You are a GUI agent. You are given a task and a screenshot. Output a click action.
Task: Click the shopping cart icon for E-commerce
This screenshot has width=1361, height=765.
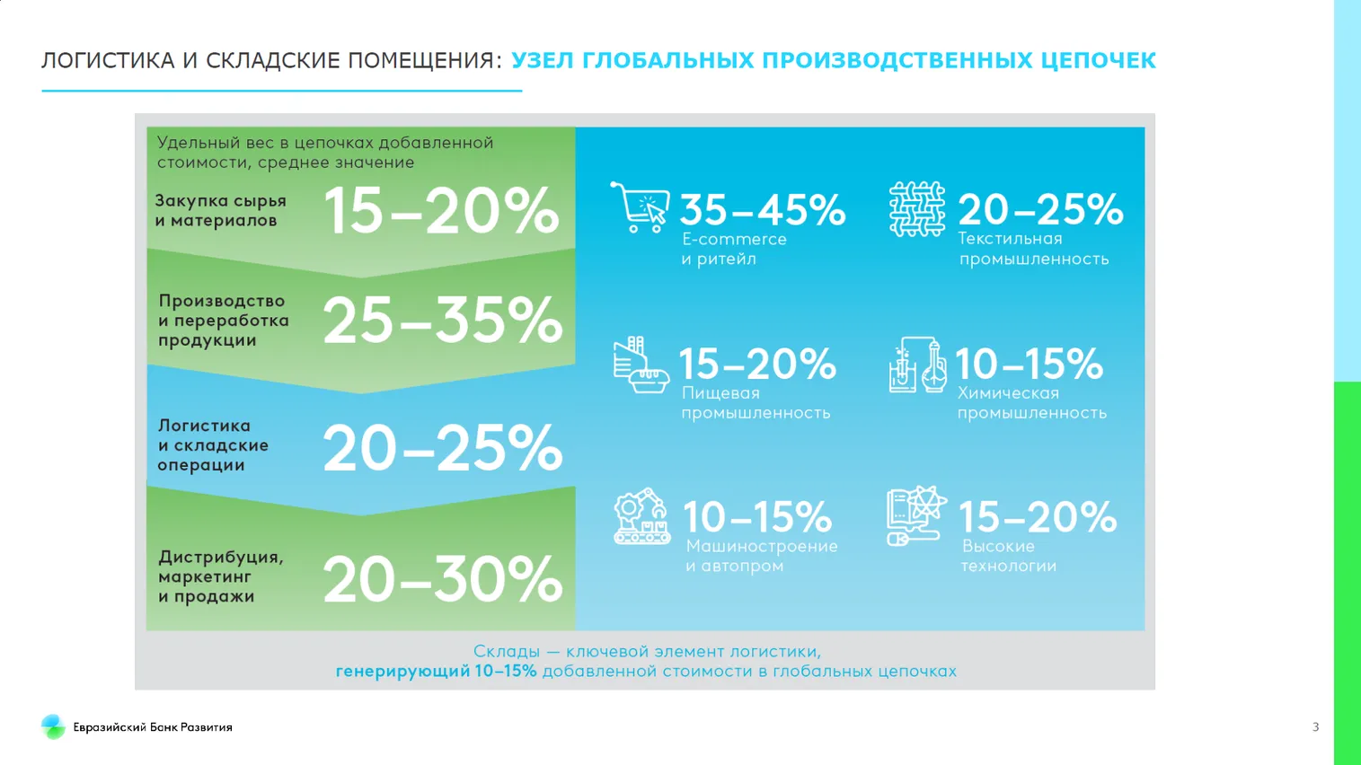640,207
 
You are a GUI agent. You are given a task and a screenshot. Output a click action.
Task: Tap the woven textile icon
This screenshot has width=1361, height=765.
916,209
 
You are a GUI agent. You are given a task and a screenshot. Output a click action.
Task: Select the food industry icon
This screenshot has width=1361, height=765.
641,365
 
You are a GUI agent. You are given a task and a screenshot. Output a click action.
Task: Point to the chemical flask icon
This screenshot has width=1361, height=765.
917,365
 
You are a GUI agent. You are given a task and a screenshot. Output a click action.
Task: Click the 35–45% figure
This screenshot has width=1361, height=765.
762,210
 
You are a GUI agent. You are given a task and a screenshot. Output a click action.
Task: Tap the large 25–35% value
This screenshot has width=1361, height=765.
442,321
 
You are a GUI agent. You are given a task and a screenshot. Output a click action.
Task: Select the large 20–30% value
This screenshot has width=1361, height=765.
442,579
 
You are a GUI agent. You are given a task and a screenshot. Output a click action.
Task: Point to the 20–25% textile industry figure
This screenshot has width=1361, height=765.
1040,210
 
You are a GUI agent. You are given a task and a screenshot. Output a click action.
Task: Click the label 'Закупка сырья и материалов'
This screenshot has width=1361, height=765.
221,211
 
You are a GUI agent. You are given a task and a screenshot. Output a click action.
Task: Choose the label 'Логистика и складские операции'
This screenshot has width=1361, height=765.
214,445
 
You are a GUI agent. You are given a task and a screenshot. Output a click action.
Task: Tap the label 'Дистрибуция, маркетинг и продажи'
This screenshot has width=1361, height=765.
220,576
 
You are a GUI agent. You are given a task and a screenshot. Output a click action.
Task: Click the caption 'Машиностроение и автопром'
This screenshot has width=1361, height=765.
761,556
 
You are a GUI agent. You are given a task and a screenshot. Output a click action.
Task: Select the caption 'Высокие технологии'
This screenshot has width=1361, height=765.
1008,556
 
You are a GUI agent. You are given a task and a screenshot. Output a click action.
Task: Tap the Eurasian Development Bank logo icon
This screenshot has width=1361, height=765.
53,726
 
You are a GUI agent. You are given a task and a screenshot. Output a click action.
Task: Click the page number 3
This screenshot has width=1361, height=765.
1315,727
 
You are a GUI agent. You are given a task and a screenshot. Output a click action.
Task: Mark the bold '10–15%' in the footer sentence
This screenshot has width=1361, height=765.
505,672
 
